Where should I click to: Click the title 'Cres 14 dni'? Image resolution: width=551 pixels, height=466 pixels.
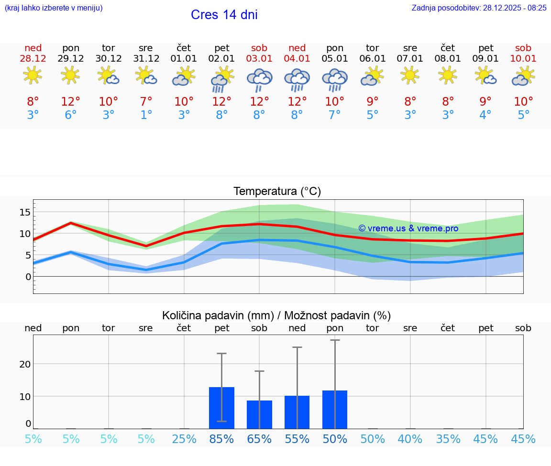(x=224, y=15)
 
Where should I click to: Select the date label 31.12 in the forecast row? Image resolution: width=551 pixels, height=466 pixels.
(x=146, y=59)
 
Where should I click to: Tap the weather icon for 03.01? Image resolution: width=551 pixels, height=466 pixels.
(x=259, y=79)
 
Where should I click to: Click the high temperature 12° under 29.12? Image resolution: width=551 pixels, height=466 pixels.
(x=70, y=102)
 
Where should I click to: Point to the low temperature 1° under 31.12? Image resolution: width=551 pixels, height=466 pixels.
(x=146, y=115)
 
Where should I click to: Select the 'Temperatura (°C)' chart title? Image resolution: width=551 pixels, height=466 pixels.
(x=277, y=192)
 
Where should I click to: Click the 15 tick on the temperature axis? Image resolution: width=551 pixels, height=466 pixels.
(x=25, y=212)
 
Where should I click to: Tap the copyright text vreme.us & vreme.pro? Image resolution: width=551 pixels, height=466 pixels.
(x=408, y=228)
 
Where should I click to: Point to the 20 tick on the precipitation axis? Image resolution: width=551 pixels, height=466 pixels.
(x=25, y=364)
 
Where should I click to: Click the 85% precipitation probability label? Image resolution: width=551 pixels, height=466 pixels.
(x=221, y=439)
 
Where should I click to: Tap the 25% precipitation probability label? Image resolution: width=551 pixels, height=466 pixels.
(x=184, y=439)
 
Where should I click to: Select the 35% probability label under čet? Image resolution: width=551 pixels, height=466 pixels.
(x=448, y=439)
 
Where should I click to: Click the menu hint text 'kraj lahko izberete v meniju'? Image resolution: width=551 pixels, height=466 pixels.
(x=53, y=8)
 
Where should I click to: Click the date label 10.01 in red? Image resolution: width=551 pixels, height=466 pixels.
(x=523, y=59)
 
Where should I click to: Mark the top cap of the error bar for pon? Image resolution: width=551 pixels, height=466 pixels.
(x=335, y=340)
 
